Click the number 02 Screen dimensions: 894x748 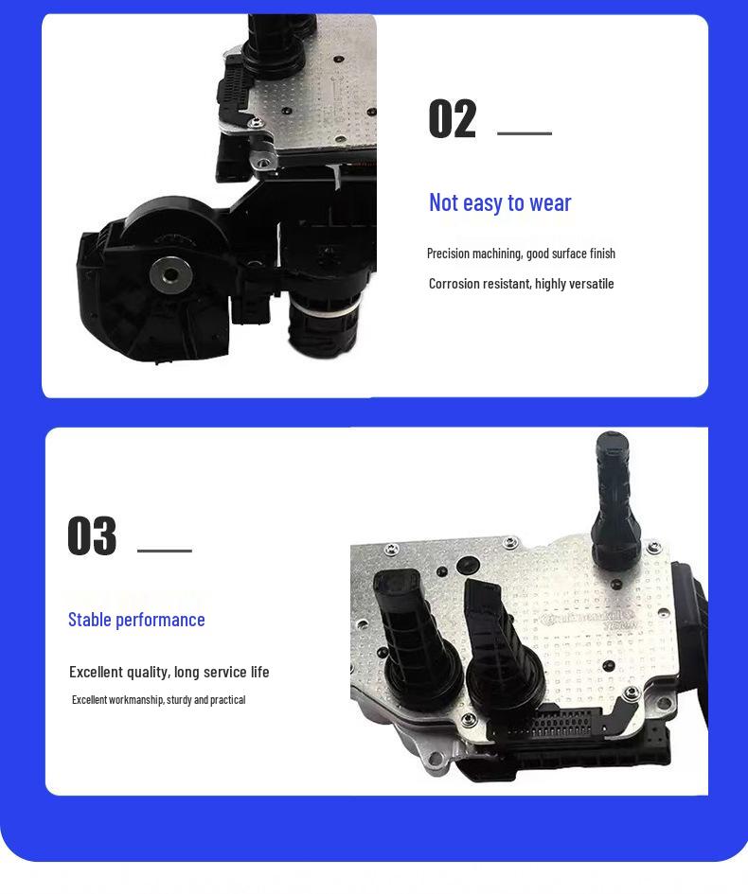pyautogui.click(x=452, y=120)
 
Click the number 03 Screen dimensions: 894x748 pyautogui.click(x=92, y=536)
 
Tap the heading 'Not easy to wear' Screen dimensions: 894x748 pyautogui.click(x=500, y=202)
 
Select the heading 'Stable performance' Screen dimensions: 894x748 pyautogui.click(x=136, y=620)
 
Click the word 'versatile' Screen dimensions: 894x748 pyautogui.click(x=591, y=284)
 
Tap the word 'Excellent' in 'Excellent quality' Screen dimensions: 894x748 pyautogui.click(x=96, y=672)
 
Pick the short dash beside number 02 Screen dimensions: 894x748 pyautogui.click(x=524, y=133)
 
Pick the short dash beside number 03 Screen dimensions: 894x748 pyautogui.click(x=165, y=550)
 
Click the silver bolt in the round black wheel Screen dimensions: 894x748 pyautogui.click(x=170, y=275)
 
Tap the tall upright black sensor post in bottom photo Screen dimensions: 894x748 pyautogui.click(x=611, y=492)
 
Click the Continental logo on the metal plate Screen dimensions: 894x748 pyautogui.click(x=587, y=620)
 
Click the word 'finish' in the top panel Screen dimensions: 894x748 pyautogui.click(x=602, y=254)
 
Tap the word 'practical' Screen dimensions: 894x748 pyautogui.click(x=228, y=700)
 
